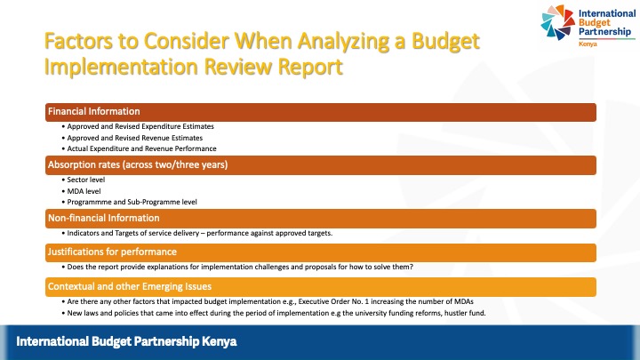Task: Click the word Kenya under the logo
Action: click(x=588, y=44)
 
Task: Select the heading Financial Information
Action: click(x=93, y=112)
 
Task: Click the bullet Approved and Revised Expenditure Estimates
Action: click(x=140, y=126)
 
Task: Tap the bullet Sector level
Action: click(x=86, y=180)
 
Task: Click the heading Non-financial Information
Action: click(x=103, y=218)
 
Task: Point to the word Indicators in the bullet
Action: click(x=85, y=233)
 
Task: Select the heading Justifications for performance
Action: click(x=111, y=252)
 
